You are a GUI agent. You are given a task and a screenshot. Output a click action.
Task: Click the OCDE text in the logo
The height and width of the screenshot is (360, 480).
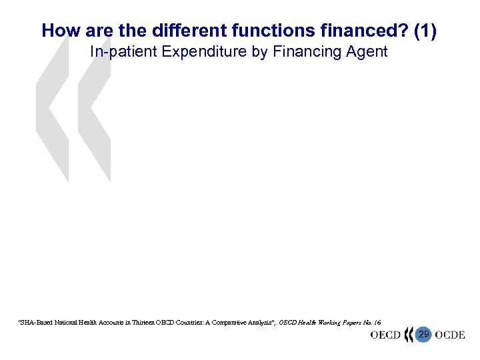(x=449, y=335)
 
